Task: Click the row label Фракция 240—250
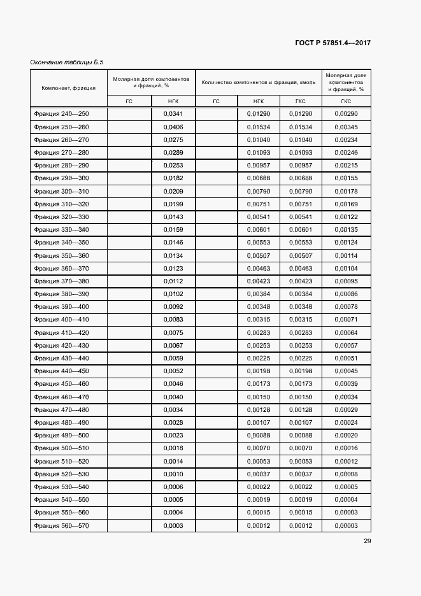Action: click(62, 114)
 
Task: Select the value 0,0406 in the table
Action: click(173, 127)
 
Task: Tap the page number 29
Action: click(367, 541)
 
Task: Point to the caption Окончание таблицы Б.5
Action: click(66, 62)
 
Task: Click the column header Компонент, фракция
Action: click(68, 88)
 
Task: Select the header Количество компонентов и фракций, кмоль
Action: click(258, 83)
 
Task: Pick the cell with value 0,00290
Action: click(346, 114)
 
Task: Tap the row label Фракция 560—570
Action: click(62, 525)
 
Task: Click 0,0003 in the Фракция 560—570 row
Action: click(173, 525)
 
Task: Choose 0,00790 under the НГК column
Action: click(259, 191)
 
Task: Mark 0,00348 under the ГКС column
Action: click(301, 307)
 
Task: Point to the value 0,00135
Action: click(346, 230)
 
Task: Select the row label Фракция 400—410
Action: click(62, 320)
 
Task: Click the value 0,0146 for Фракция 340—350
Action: click(173, 243)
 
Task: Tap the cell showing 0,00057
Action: click(346, 346)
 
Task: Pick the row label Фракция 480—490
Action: click(62, 423)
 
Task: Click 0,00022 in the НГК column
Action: click(259, 487)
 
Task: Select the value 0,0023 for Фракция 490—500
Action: click(173, 436)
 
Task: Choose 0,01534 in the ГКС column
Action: click(301, 127)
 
